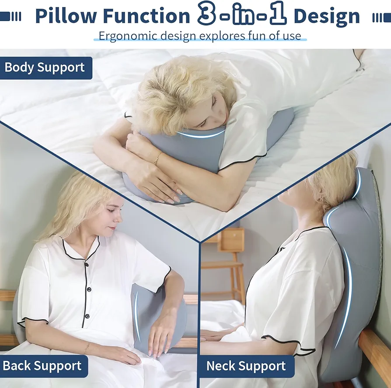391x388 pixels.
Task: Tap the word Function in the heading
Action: (x=147, y=16)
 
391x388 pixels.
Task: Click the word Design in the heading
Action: (x=327, y=17)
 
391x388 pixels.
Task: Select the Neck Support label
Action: (x=246, y=366)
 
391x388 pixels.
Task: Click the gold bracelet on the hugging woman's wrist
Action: (x=157, y=159)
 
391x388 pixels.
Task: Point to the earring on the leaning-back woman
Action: (x=321, y=199)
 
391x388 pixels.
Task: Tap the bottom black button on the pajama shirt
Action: (x=87, y=316)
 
